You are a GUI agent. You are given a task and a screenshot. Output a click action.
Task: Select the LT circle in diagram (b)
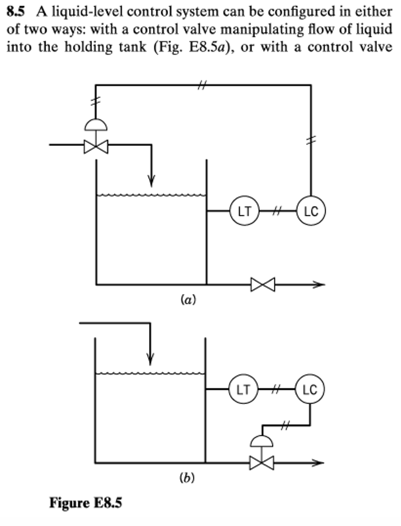(243, 389)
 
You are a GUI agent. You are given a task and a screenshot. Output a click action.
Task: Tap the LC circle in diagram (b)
(310, 389)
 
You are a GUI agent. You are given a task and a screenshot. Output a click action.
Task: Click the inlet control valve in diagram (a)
(96, 147)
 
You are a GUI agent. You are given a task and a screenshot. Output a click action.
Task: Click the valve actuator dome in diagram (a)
(96, 125)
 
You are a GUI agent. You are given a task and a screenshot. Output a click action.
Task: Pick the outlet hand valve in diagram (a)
(263, 284)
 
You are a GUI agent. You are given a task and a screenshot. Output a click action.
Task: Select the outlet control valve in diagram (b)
(261, 463)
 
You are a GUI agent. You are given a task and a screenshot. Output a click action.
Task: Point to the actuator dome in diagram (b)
(261, 441)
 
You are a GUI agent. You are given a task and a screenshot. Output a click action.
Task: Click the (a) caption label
(188, 300)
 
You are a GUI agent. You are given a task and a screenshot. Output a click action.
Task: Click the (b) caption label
(187, 478)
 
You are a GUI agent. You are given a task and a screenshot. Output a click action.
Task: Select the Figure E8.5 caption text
(86, 503)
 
